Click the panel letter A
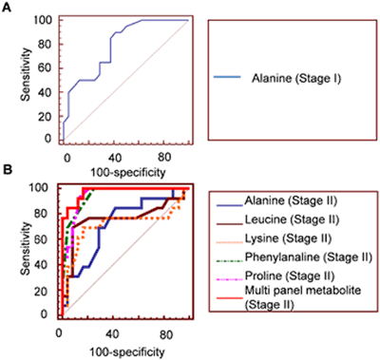(x=7, y=7)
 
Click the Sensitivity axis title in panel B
(x=10, y=250)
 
